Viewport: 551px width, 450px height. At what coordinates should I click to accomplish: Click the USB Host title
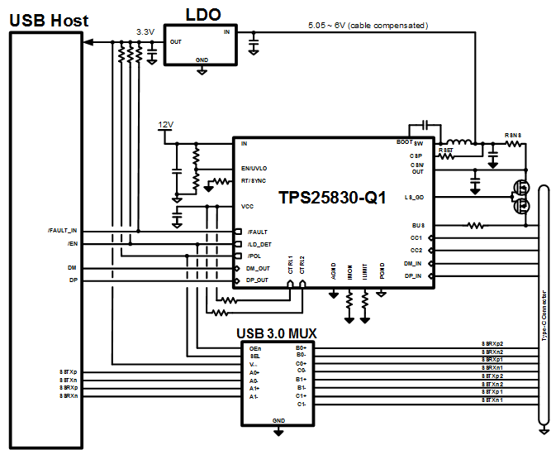(x=49, y=20)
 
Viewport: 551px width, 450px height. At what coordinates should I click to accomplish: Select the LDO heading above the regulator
(x=202, y=14)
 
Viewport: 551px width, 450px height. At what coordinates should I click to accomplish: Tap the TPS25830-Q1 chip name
(x=331, y=198)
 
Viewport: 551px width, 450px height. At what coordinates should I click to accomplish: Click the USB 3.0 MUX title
(x=277, y=334)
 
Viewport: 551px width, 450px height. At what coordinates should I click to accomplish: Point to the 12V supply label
(x=165, y=125)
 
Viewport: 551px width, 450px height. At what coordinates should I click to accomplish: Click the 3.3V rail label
(x=146, y=32)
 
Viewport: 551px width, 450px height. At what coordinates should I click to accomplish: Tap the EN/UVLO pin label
(x=254, y=168)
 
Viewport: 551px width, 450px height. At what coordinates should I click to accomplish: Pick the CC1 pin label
(x=416, y=237)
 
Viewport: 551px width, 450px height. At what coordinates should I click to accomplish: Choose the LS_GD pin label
(x=414, y=198)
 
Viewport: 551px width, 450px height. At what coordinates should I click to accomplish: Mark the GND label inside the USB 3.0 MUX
(x=278, y=420)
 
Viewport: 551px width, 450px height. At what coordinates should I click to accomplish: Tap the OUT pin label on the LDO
(x=175, y=41)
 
